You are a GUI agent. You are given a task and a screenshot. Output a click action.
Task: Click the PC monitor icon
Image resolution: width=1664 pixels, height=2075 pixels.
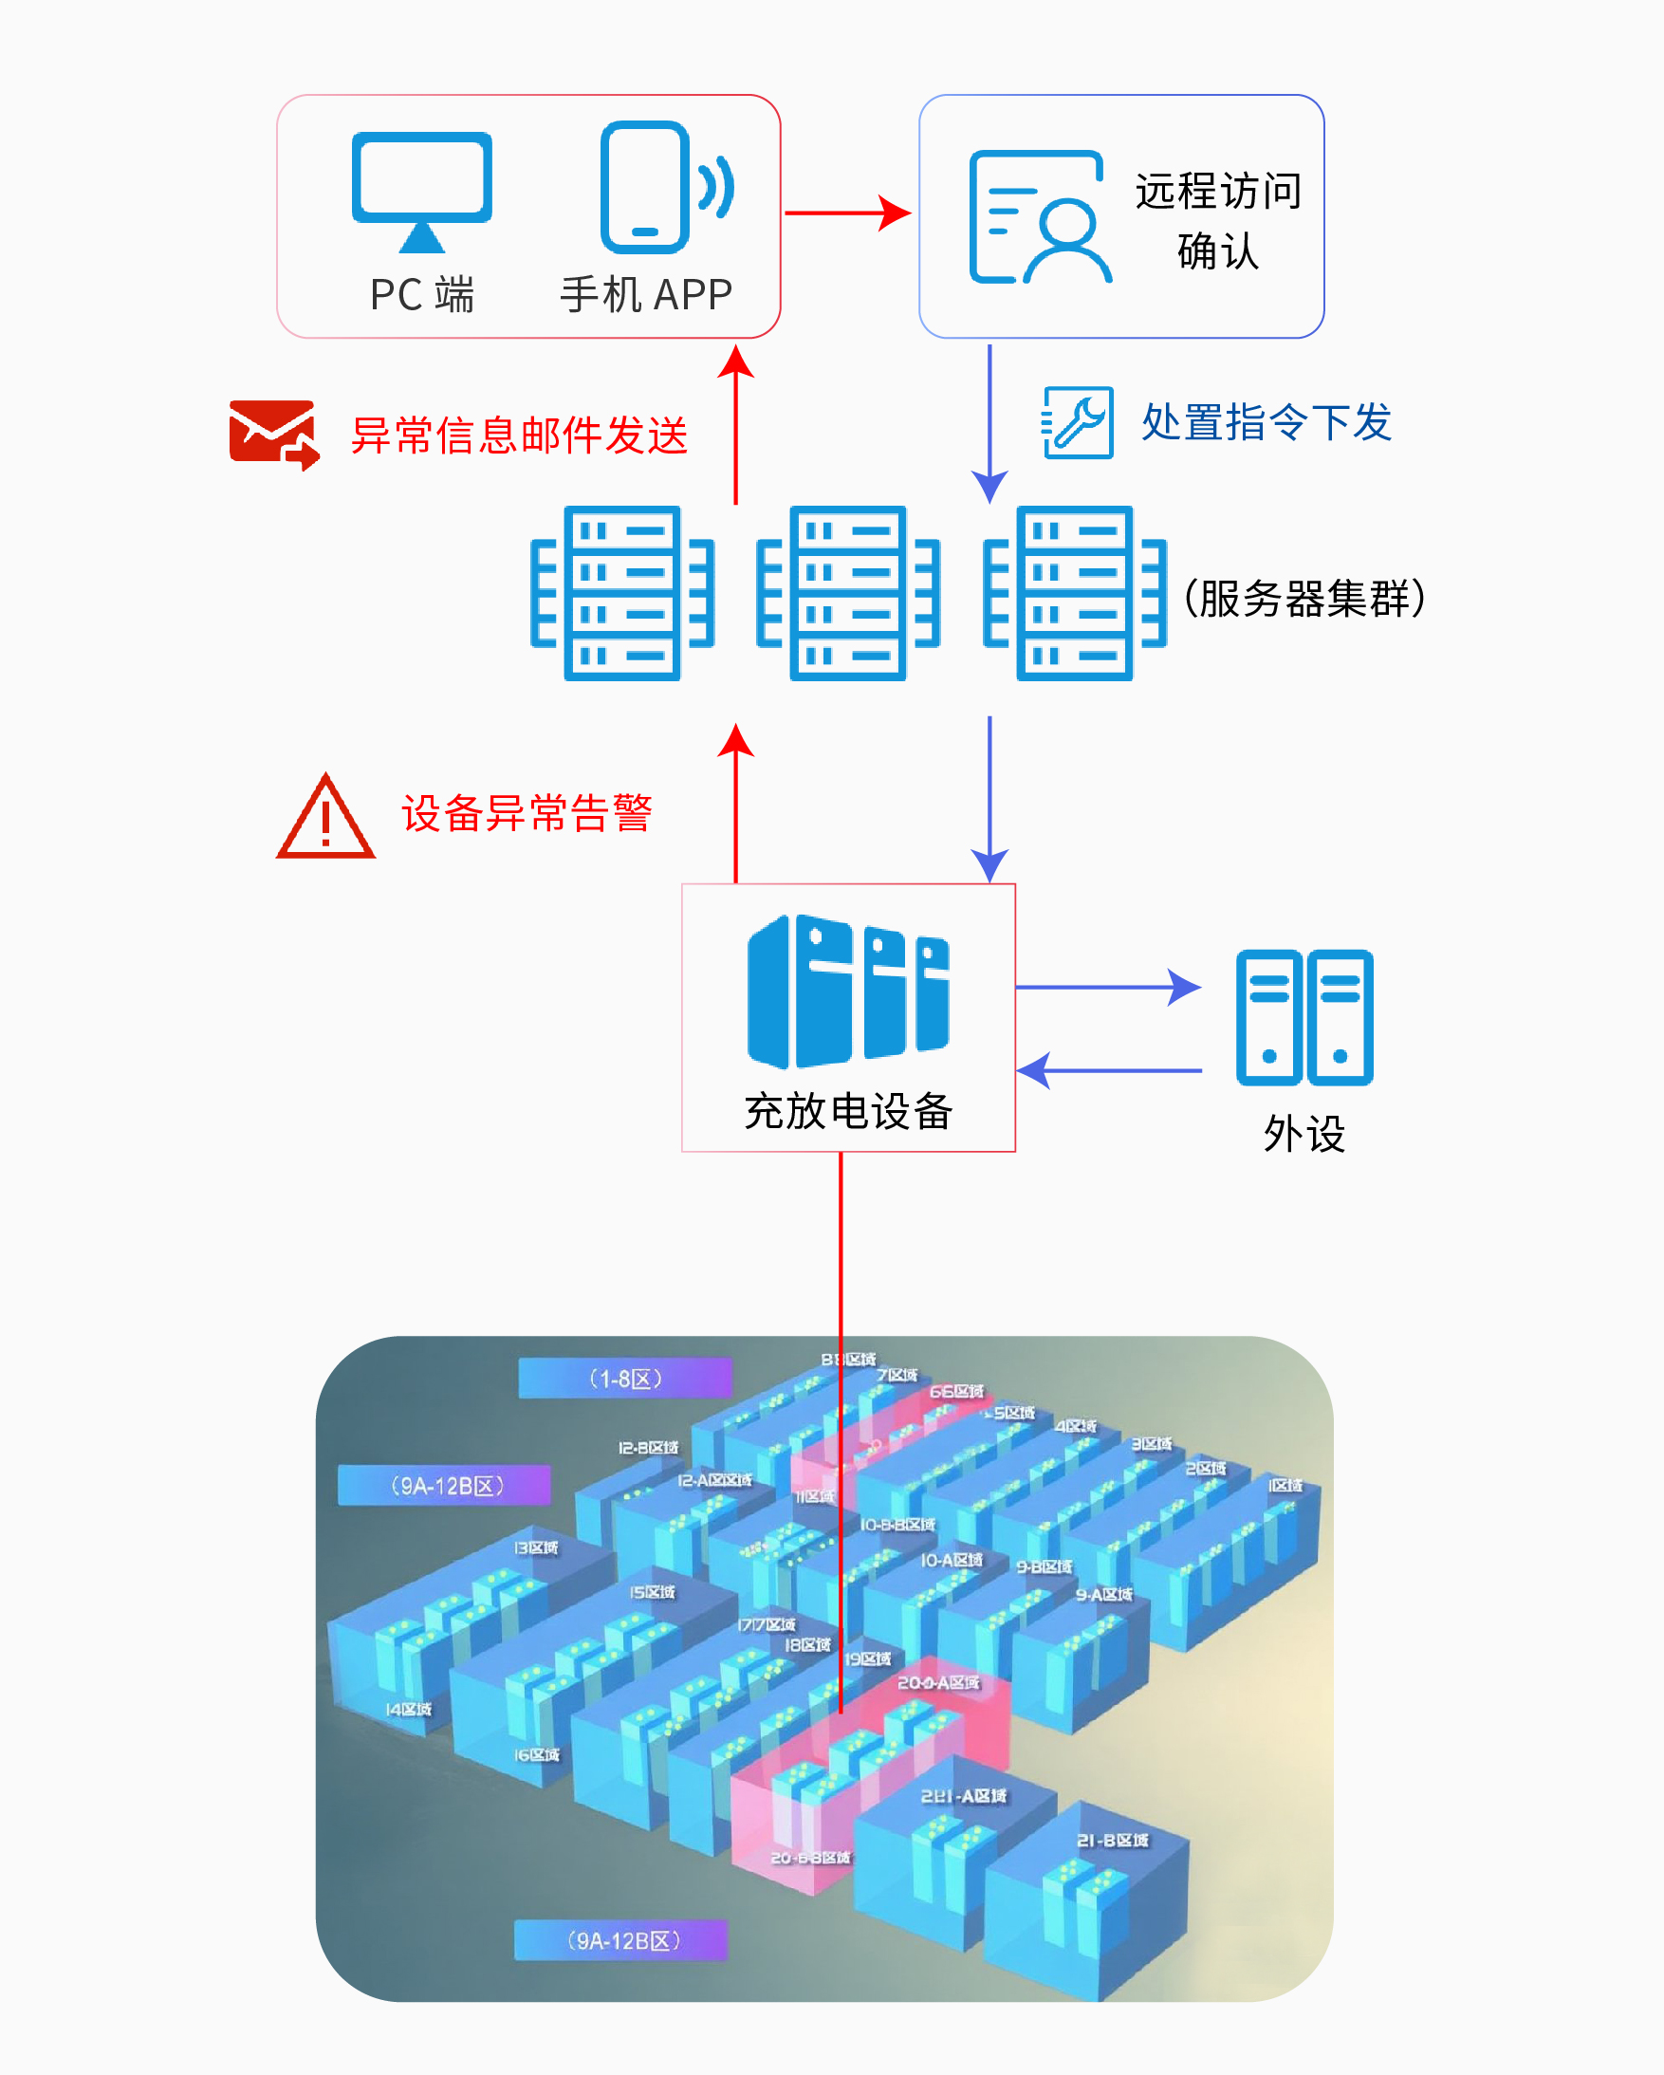pyautogui.click(x=421, y=191)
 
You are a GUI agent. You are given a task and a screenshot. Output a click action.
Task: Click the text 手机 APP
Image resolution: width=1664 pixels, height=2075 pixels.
pyautogui.click(x=647, y=294)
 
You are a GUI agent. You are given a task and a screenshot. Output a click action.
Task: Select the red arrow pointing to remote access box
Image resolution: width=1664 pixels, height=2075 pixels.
pyautogui.click(x=847, y=213)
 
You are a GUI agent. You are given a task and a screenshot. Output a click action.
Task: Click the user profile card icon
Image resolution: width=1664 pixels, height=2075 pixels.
pyautogui.click(x=1039, y=217)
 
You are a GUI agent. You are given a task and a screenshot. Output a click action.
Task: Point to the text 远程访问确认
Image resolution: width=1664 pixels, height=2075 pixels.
pyautogui.click(x=1217, y=220)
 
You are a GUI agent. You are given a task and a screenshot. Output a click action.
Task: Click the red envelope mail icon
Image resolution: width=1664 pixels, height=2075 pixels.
pyautogui.click(x=273, y=434)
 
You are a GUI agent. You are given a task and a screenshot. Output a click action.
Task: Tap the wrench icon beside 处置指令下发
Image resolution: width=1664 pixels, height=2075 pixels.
pyautogui.click(x=1078, y=422)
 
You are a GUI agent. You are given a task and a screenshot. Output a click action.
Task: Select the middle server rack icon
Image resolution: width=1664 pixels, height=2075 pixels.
pyautogui.click(x=848, y=593)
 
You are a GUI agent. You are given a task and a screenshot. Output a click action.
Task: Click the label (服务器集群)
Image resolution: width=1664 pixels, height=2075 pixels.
pyautogui.click(x=1304, y=598)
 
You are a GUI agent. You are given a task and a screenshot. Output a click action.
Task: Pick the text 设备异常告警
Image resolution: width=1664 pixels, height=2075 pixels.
pyautogui.click(x=527, y=813)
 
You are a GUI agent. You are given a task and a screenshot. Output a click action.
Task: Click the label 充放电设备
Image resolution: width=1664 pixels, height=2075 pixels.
pyautogui.click(x=848, y=1111)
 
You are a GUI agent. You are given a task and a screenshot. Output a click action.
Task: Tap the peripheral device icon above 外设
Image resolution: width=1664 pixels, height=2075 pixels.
pyautogui.click(x=1304, y=1017)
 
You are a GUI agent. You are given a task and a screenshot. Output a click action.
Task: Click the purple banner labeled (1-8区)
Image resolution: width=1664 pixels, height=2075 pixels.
pyautogui.click(x=624, y=1379)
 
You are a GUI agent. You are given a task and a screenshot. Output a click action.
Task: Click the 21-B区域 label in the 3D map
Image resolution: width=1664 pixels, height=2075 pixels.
pyautogui.click(x=1112, y=1840)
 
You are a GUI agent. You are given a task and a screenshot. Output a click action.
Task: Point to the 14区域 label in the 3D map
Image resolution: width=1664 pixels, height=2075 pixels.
pyautogui.click(x=408, y=1710)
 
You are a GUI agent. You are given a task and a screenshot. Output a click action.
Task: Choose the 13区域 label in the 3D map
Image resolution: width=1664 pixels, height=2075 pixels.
pyautogui.click(x=535, y=1547)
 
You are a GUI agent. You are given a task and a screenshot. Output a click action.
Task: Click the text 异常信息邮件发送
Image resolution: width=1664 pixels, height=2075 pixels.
pyautogui.click(x=519, y=435)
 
